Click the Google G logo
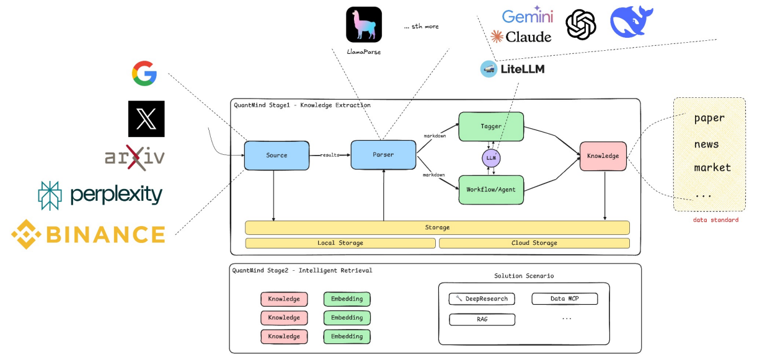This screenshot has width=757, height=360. click(x=144, y=73)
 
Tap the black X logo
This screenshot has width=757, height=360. click(x=146, y=118)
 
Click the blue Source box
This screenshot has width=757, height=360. click(x=277, y=155)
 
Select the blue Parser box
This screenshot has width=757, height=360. click(x=383, y=154)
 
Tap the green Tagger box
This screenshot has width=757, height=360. click(x=491, y=126)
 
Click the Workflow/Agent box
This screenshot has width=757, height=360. click(x=491, y=190)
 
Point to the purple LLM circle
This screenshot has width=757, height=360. click(x=491, y=158)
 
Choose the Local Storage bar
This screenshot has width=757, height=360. click(x=340, y=243)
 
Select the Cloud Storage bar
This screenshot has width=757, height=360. click(x=534, y=243)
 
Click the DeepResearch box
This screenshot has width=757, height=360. click(x=482, y=299)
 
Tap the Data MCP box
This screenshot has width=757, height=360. click(x=565, y=299)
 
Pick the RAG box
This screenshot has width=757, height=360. click(x=482, y=319)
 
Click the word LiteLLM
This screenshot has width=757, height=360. click(x=522, y=69)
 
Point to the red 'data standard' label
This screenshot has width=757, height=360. click(x=715, y=219)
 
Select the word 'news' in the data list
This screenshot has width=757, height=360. click(x=706, y=144)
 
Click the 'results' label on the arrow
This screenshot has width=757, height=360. click(x=330, y=154)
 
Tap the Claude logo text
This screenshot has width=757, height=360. click(x=528, y=37)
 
